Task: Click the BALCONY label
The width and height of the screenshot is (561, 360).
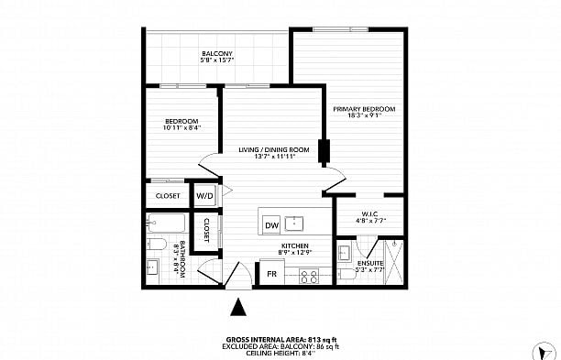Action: pos(216,54)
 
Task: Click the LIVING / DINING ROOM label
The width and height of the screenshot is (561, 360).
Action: pos(273,149)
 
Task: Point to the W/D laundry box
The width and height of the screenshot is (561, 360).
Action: pos(204,195)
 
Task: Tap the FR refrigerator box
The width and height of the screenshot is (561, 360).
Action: pos(272,274)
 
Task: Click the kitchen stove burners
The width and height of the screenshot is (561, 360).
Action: pos(309,274)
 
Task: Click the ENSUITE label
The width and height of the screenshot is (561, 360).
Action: pos(369,263)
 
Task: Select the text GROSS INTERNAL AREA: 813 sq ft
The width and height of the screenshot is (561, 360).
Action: pos(280,339)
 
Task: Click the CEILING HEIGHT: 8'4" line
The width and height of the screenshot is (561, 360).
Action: pos(280,354)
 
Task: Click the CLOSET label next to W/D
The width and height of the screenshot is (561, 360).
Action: pos(168,195)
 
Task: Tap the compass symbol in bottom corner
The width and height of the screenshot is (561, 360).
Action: pos(548,350)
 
